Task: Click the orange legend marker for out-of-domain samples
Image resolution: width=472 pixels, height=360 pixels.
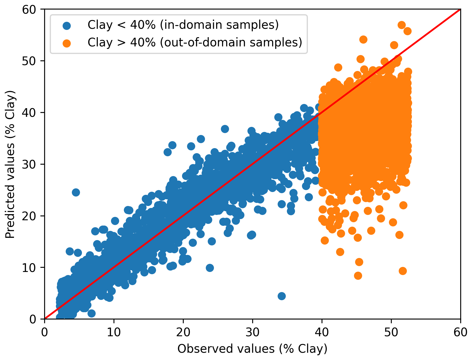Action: [x=67, y=43]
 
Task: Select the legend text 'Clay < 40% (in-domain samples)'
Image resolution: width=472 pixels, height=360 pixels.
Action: [x=183, y=25]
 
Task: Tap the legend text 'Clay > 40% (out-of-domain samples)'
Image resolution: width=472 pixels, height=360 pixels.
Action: [x=195, y=42]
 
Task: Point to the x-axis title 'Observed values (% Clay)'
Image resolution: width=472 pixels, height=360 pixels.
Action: [x=252, y=349]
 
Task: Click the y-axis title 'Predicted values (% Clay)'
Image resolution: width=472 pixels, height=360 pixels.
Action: [x=10, y=164]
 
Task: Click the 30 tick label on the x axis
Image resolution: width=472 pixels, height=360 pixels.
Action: [x=252, y=333]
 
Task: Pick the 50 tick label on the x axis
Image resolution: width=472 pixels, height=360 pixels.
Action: [x=391, y=333]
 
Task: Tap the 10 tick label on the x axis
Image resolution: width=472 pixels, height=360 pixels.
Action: [x=114, y=333]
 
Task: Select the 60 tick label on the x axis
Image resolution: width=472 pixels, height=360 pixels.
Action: [x=461, y=333]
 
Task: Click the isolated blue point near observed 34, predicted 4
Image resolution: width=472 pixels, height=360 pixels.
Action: [x=282, y=296]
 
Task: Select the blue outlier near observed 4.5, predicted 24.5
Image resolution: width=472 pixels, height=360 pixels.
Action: [x=76, y=192]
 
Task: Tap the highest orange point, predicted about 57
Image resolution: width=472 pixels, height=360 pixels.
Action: [x=402, y=25]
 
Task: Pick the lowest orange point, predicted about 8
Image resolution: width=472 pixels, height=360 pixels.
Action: [x=358, y=276]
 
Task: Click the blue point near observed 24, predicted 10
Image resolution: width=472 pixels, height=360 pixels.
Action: [x=210, y=268]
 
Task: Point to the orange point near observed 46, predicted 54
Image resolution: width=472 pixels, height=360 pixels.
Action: [x=363, y=39]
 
